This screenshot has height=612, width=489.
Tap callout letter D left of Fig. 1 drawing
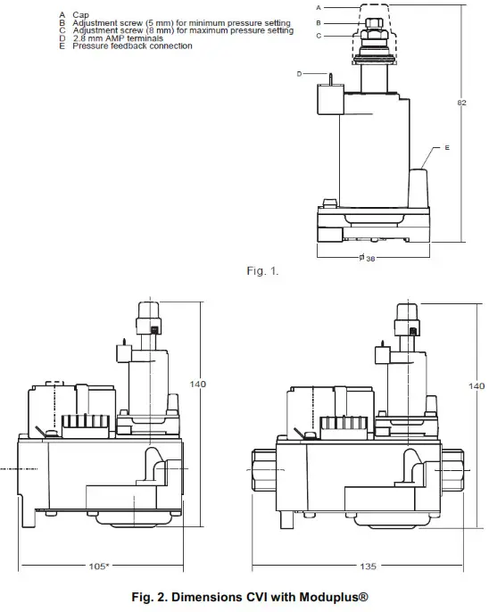pyautogui.click(x=300, y=73)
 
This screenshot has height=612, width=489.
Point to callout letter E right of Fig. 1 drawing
pyautogui.click(x=446, y=145)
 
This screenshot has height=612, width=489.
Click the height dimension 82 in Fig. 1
pyautogui.click(x=462, y=103)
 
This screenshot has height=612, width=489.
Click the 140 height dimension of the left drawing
pyautogui.click(x=197, y=385)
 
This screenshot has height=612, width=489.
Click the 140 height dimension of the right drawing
pyautogui.click(x=477, y=386)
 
